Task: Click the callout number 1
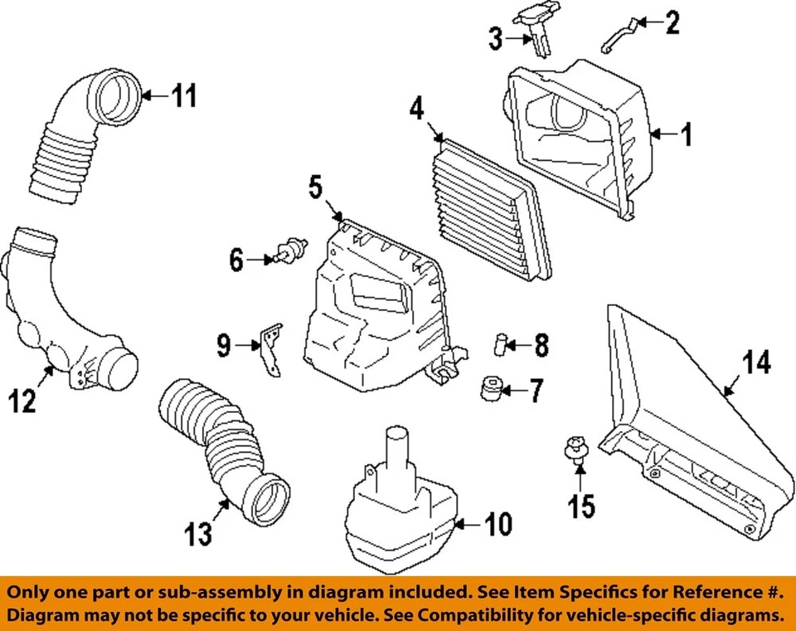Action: [x=686, y=134]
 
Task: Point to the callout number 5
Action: [x=316, y=187]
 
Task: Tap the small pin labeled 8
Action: [x=501, y=342]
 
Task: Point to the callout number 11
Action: [x=185, y=96]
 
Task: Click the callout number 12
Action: [x=23, y=402]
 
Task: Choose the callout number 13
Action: [x=199, y=535]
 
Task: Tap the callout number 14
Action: [x=756, y=363]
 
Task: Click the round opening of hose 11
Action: [x=116, y=98]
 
